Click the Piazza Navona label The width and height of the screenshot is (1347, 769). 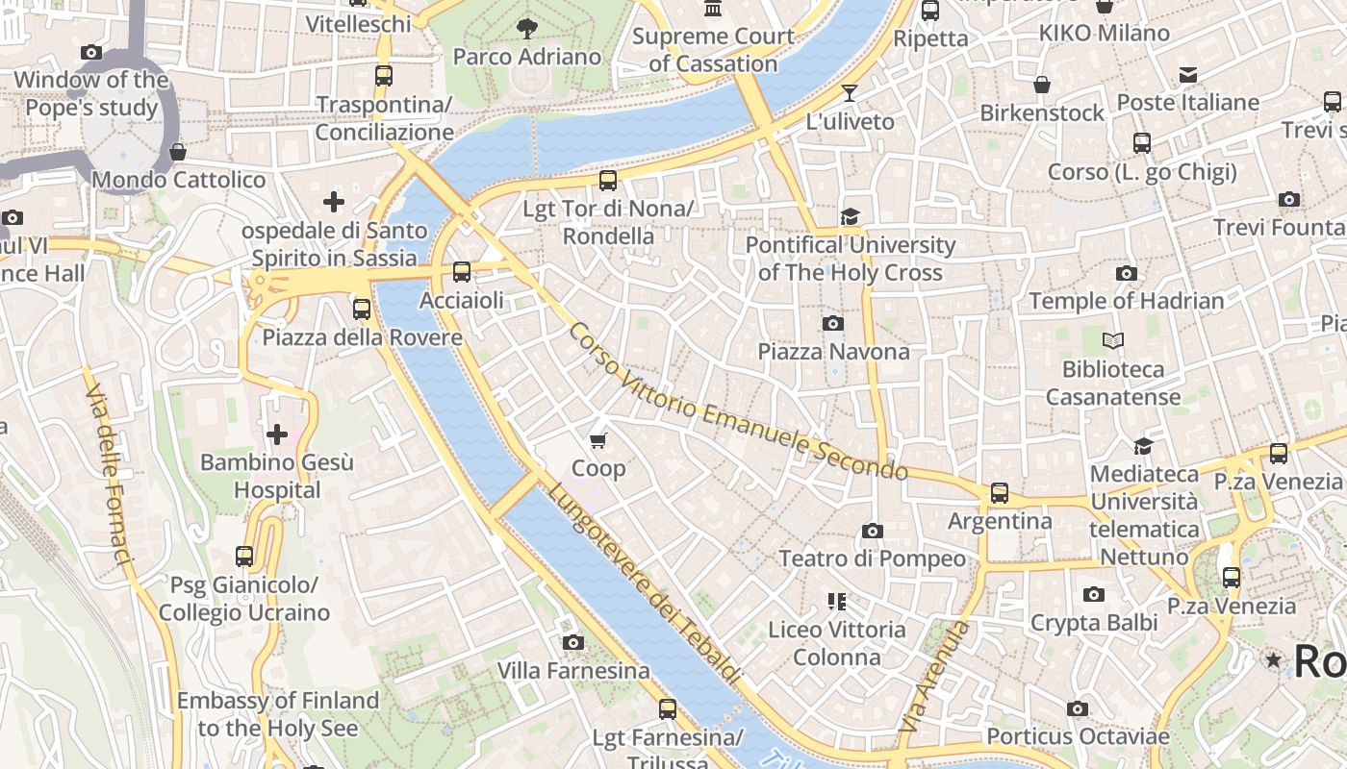pyautogui.click(x=833, y=352)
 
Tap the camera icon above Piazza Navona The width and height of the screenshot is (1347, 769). pyautogui.click(x=833, y=323)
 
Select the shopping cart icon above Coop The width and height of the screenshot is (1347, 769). pyautogui.click(x=598, y=441)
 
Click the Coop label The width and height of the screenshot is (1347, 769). pyautogui.click(x=598, y=468)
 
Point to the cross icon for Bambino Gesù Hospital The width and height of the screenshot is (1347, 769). pyautogui.click(x=277, y=434)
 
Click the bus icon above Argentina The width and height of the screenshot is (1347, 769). pyautogui.click(x=1000, y=493)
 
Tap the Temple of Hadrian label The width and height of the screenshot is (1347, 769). pyautogui.click(x=1127, y=301)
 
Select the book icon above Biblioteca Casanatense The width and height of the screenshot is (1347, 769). pyautogui.click(x=1113, y=340)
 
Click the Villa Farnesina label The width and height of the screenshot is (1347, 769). pyautogui.click(x=573, y=670)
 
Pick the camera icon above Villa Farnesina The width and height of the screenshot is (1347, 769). pyautogui.click(x=573, y=642)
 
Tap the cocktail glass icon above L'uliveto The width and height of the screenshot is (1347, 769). pyautogui.click(x=850, y=93)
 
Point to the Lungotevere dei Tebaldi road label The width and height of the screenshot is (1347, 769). pyautogui.click(x=645, y=583)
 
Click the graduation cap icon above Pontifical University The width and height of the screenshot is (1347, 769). pyautogui.click(x=850, y=217)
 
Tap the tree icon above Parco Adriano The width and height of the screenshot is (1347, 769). pyautogui.click(x=527, y=29)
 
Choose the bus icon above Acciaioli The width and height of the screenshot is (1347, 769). pyautogui.click(x=462, y=272)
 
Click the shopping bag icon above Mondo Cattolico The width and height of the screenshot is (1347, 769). pyautogui.click(x=178, y=152)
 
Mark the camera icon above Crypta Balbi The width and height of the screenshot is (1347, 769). pyautogui.click(x=1094, y=594)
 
